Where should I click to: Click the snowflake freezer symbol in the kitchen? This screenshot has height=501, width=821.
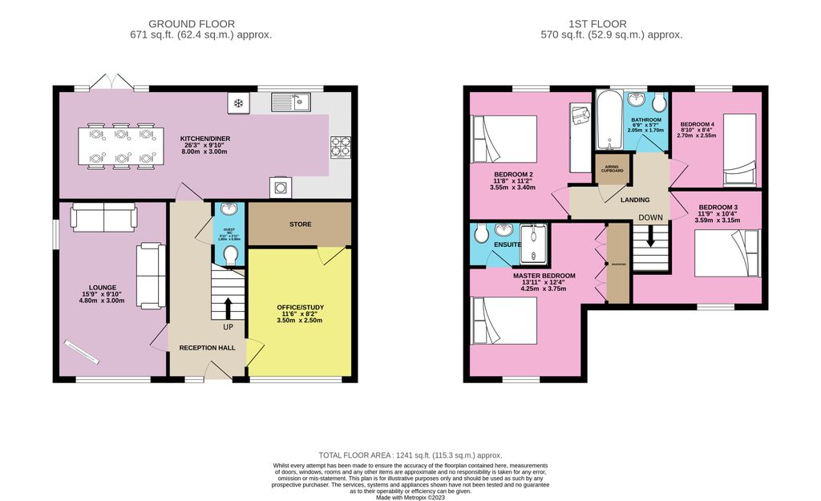[x=238, y=103]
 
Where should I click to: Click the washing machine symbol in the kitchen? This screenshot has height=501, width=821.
[x=281, y=186]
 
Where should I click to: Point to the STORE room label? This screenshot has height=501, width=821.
[x=300, y=224]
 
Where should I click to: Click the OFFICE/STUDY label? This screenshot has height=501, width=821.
[x=300, y=308]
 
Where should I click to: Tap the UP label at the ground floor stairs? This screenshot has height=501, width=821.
[x=228, y=327]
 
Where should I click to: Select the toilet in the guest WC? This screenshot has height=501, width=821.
[x=230, y=254]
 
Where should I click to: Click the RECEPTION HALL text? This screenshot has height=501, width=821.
[x=207, y=348]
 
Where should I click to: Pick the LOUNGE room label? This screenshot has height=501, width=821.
[x=103, y=287]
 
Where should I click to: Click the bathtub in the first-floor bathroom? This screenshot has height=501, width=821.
[x=605, y=119]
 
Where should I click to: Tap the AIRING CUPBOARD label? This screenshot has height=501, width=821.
[x=613, y=169]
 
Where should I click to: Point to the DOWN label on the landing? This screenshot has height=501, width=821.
[x=651, y=217]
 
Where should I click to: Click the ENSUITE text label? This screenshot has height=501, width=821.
[x=508, y=244]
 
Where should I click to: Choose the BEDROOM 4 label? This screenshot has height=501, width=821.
[x=696, y=124]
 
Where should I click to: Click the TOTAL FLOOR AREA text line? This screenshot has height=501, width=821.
[x=410, y=455]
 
